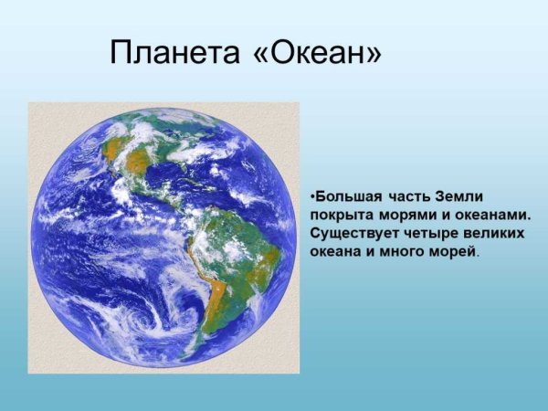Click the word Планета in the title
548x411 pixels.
pos(174,53)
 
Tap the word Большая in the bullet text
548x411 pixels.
pos(346,197)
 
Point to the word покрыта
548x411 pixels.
pos(339,215)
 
